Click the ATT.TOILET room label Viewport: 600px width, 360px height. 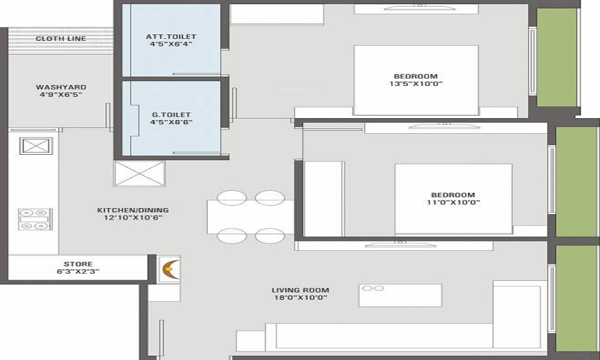point(171,37)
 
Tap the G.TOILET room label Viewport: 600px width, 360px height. point(171,115)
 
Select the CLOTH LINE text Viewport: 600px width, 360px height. point(61,38)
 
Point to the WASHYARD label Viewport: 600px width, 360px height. point(61,87)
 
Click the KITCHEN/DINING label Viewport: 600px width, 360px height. point(133,210)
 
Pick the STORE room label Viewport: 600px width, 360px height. point(78,264)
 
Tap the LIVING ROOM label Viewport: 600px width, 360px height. point(301,290)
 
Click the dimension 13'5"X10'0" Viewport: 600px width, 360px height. point(416,84)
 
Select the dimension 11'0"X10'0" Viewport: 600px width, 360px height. point(454,202)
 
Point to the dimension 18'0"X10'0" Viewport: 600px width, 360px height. point(301,298)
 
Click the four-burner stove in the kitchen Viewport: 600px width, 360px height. point(35,219)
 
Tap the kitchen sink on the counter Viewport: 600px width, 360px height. point(36,146)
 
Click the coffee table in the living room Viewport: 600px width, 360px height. point(400,295)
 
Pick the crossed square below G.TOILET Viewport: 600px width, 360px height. point(140,173)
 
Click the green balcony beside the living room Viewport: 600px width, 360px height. point(577,298)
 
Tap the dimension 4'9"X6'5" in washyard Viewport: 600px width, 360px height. point(61,94)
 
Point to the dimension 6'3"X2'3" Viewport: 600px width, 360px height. point(78,272)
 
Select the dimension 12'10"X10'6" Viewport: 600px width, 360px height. point(133,218)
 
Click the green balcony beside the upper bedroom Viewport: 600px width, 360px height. point(557,58)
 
